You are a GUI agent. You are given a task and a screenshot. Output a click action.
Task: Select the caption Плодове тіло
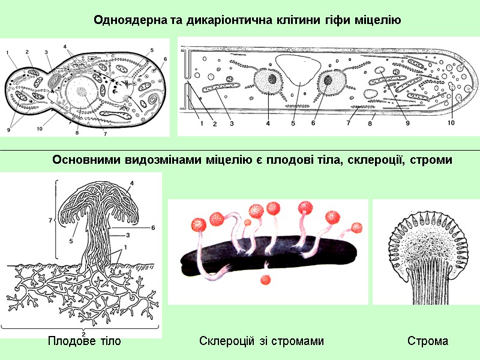(x=84, y=341)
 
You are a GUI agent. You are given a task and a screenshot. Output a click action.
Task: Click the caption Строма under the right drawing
(x=428, y=341)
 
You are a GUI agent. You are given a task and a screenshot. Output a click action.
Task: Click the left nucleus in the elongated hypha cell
(x=268, y=80)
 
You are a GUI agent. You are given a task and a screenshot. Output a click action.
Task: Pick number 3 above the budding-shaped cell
(x=46, y=52)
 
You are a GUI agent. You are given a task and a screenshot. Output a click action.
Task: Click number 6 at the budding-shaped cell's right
(x=164, y=59)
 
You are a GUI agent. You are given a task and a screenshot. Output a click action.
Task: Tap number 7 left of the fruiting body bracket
(x=50, y=221)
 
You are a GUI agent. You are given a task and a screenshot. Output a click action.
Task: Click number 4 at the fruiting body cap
(x=131, y=182)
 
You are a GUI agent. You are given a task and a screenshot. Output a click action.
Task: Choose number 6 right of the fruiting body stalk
(x=153, y=227)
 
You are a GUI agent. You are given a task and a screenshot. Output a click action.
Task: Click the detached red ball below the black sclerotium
(x=265, y=280)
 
